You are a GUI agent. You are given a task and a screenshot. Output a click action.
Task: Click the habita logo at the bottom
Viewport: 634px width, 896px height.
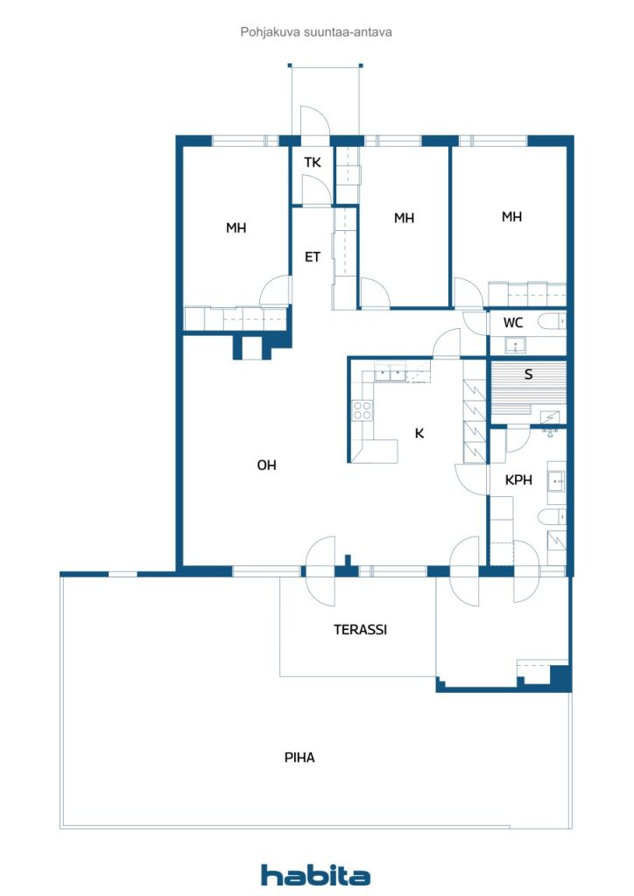315,875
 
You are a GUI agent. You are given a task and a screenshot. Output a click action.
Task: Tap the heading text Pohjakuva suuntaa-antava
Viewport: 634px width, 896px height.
316,32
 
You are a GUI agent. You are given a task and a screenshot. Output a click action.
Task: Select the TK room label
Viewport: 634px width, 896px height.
313,163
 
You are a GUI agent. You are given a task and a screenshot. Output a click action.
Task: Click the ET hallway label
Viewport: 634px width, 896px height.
312,257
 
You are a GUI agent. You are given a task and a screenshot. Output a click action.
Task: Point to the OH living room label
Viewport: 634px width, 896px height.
266,465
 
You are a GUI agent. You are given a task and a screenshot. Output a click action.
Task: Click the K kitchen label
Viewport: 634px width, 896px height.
419,432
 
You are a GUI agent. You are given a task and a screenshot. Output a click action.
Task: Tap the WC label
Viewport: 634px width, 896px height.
513,323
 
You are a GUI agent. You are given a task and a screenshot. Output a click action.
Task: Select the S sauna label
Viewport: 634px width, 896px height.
528,374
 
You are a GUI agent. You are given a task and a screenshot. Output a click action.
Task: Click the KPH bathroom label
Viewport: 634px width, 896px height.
518,479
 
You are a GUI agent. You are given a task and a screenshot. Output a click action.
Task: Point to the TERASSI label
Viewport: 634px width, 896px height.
360,629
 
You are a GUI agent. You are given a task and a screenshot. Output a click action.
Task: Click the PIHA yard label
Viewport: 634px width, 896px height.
299,758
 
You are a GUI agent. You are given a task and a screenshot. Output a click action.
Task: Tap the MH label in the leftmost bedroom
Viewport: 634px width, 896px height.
236,228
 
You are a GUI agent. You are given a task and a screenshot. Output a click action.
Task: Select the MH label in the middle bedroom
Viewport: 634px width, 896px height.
404,218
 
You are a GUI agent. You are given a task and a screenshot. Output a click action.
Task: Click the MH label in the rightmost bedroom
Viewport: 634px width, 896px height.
511,217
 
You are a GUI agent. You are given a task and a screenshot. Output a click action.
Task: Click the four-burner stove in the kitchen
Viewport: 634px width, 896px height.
362,410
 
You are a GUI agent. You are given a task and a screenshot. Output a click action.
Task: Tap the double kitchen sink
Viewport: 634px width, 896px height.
391,374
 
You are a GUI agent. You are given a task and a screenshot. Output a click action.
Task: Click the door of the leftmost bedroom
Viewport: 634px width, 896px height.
277,290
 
